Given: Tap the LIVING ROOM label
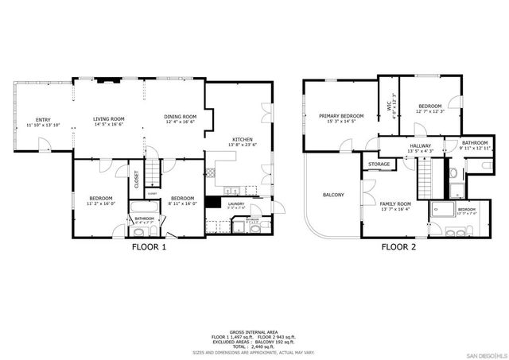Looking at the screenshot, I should [108, 117].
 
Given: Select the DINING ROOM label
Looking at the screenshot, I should [181, 117].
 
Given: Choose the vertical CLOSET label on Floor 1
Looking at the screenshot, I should [136, 178].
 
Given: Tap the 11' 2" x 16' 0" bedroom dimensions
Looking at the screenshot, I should [101, 203].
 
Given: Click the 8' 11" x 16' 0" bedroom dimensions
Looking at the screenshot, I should [183, 203].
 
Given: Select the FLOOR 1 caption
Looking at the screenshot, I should [149, 246].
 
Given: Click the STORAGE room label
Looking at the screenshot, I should [379, 165].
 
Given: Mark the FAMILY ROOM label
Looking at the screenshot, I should [394, 204].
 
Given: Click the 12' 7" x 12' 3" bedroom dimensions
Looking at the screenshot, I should [429, 111].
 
